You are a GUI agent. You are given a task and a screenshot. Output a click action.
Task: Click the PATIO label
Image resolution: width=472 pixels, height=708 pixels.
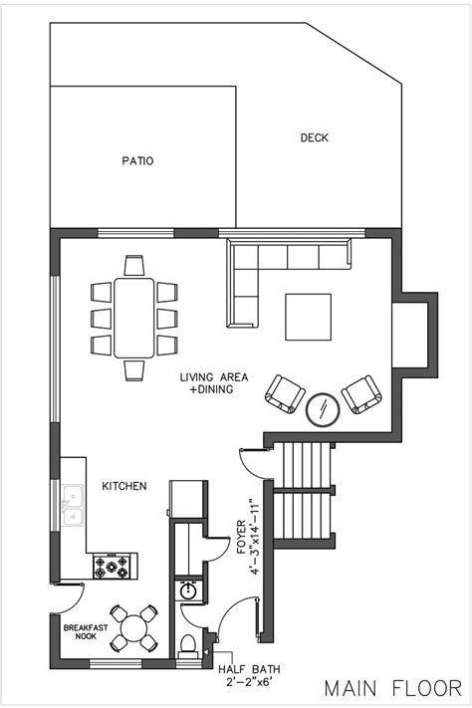click(x=138, y=160)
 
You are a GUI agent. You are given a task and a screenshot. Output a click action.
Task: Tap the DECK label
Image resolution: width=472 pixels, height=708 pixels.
click(x=315, y=138)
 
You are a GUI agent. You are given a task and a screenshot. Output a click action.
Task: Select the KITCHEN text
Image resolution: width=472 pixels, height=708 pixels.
click(x=124, y=486)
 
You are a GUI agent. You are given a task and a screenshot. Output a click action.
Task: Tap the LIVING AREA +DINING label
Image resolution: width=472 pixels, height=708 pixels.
click(x=207, y=382)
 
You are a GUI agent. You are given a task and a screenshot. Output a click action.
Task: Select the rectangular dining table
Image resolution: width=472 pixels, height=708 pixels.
click(x=134, y=318)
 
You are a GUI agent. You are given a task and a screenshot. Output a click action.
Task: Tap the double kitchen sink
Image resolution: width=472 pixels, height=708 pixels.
click(x=72, y=504)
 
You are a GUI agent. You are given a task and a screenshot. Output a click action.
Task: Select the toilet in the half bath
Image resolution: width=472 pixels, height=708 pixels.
click(x=187, y=645)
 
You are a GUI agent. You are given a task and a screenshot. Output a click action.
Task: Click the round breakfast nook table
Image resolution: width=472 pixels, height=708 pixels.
click(x=132, y=628)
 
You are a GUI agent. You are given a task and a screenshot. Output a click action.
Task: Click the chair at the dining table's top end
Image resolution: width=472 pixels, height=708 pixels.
click(x=134, y=265)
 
